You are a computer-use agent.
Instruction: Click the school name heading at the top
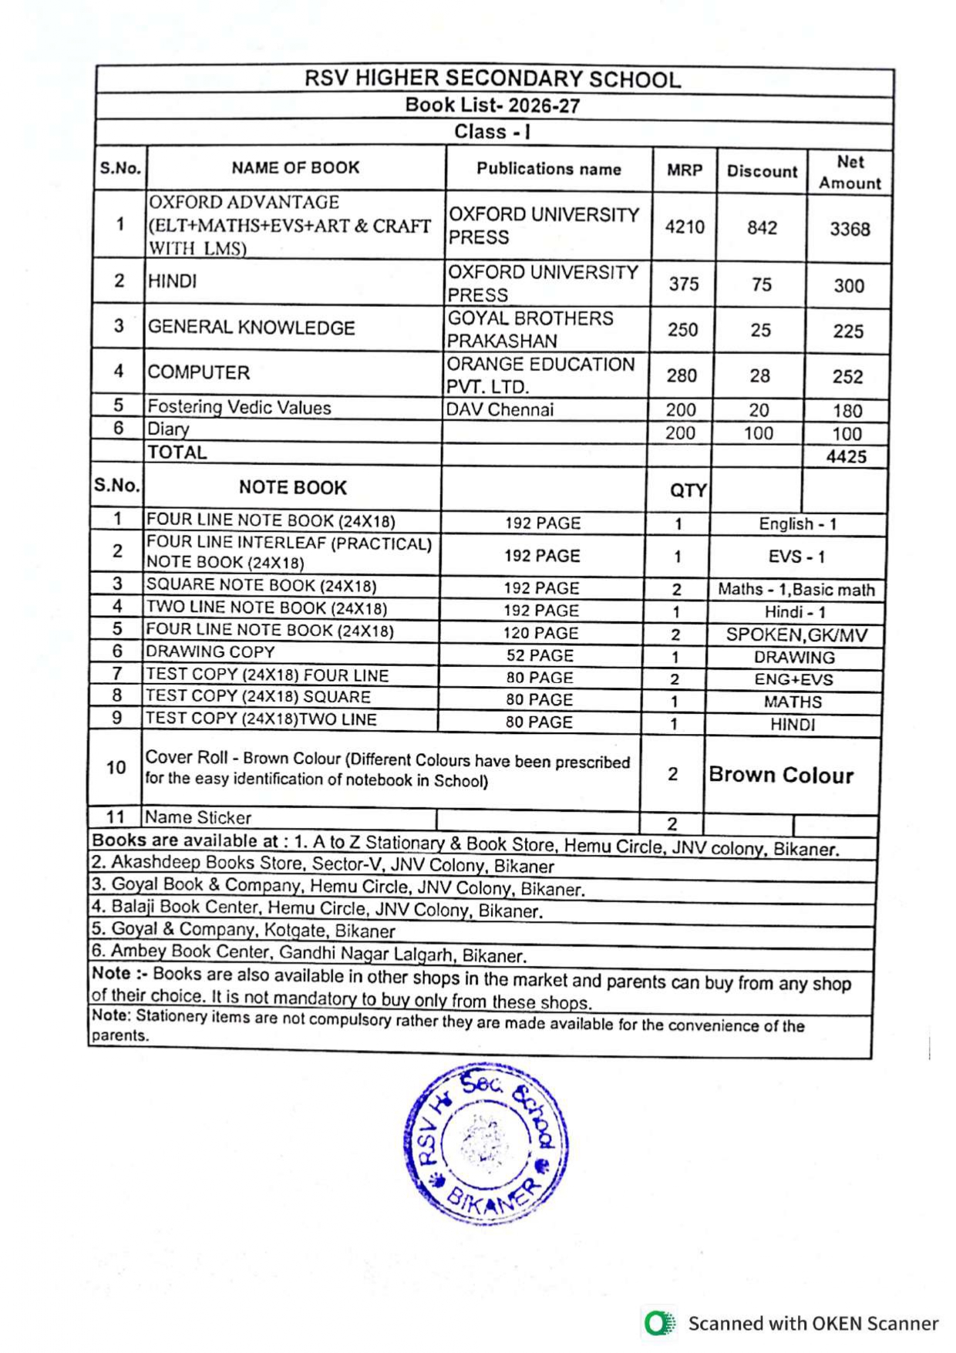pos(493,79)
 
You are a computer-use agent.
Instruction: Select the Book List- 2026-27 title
pos(493,106)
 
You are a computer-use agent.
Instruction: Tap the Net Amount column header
pos(850,173)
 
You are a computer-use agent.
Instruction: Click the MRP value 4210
pos(685,227)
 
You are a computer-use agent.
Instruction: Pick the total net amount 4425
pos(847,457)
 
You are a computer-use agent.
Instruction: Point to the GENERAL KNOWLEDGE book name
pos(251,328)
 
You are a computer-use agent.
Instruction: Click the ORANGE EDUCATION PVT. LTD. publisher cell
pos(540,375)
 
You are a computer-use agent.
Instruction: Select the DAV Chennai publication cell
pos(500,410)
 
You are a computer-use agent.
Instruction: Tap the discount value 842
pos(762,228)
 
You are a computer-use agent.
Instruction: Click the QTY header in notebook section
pos(688,490)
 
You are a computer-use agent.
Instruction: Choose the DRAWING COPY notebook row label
pos(210,652)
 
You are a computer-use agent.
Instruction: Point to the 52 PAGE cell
pos(540,656)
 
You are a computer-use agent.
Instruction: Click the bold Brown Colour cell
pos(781,775)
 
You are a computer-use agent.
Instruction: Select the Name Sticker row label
pos(198,817)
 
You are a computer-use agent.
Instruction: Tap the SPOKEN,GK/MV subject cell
pos(796,635)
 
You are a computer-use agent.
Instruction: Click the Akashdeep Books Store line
pos(322,864)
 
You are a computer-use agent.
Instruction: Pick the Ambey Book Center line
pos(308,954)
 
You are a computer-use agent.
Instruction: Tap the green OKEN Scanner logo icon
pos(659,1323)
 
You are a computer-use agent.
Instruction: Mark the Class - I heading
pos(493,132)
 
